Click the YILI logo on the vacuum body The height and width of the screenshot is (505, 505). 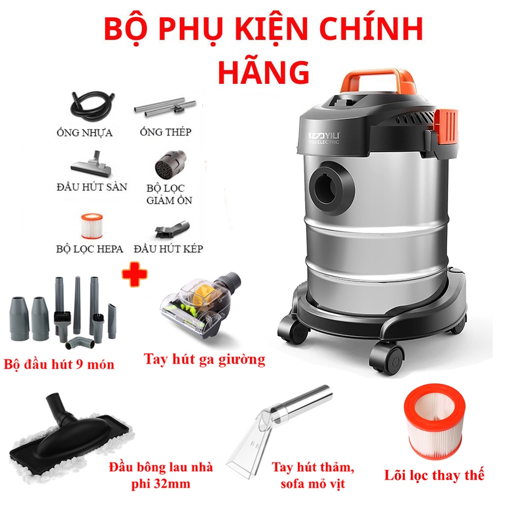pyautogui.click(x=324, y=138)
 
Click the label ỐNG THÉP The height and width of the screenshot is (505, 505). pyautogui.click(x=166, y=132)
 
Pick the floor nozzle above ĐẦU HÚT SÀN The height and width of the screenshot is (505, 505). pyautogui.click(x=92, y=165)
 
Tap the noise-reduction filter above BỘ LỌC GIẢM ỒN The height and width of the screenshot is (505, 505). pyautogui.click(x=170, y=164)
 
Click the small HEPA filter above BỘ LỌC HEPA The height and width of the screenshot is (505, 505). pyautogui.click(x=92, y=226)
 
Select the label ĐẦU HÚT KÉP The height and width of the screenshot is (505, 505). pyautogui.click(x=169, y=248)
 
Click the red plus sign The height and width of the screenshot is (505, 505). pyautogui.click(x=135, y=274)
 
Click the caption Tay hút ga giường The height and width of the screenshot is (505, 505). pyautogui.click(x=205, y=360)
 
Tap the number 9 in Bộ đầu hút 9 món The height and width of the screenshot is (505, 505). pyautogui.click(x=80, y=364)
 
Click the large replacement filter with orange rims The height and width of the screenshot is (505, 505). pyautogui.click(x=434, y=422)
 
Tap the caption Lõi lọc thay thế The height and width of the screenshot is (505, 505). pyautogui.click(x=434, y=476)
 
